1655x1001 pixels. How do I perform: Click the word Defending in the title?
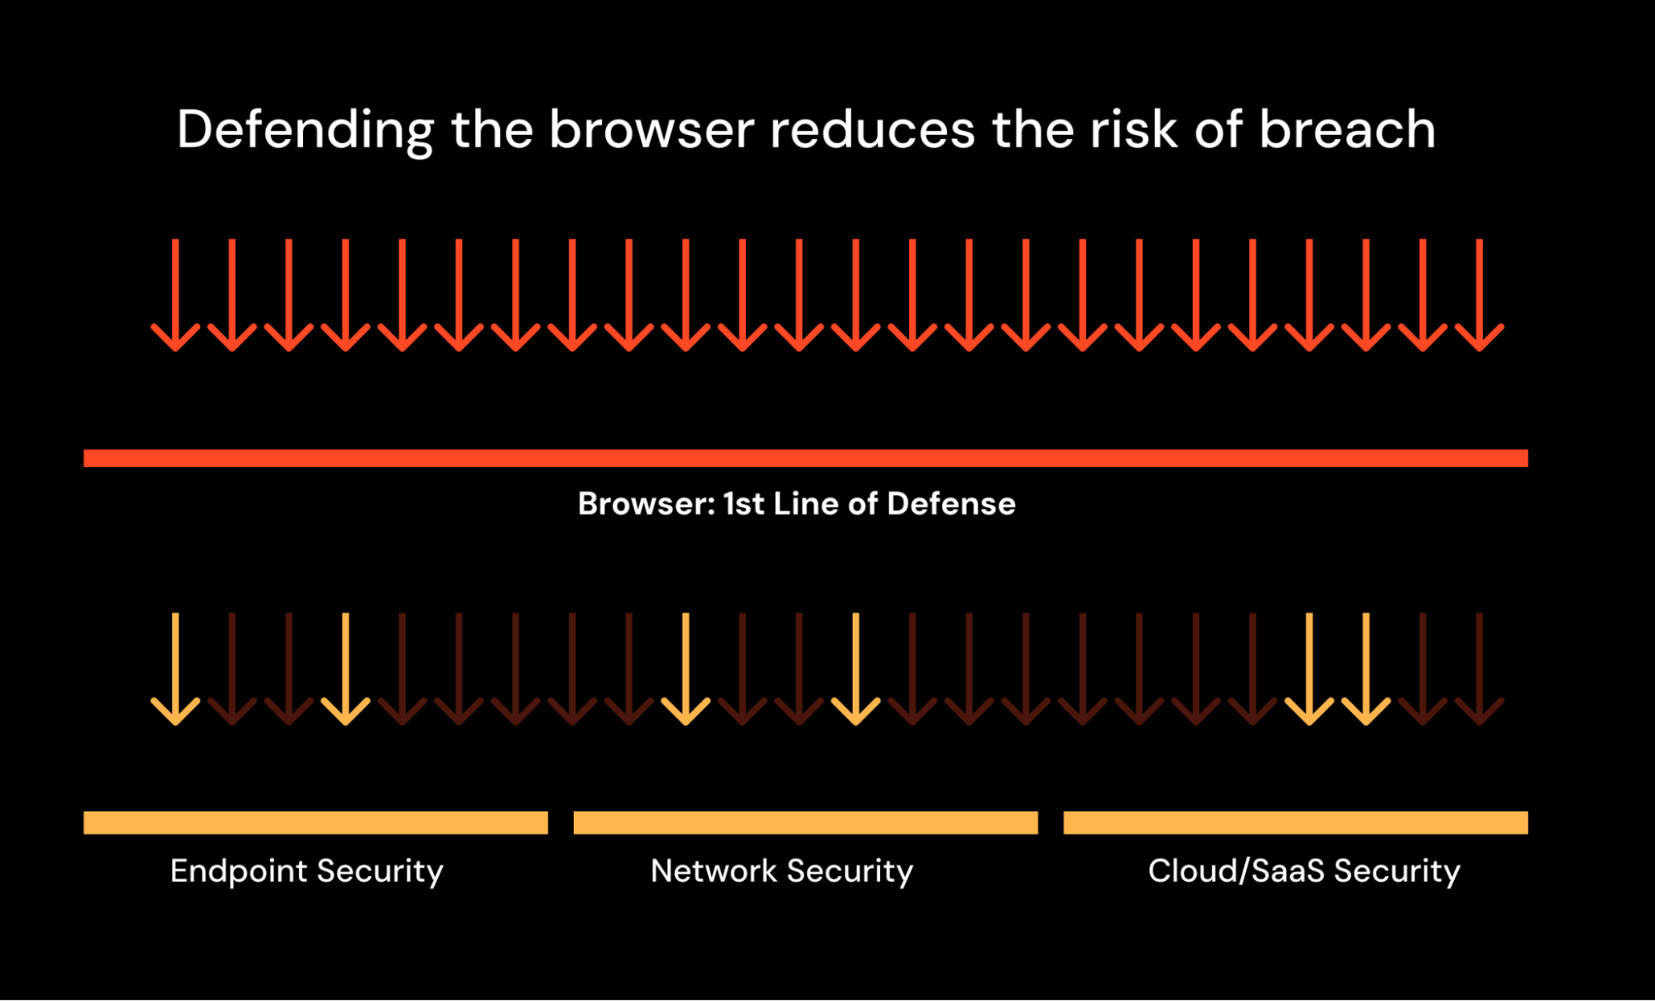pyautogui.click(x=305, y=131)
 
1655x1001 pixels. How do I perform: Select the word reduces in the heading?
pyautogui.click(x=873, y=131)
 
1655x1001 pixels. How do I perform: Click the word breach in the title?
pyautogui.click(x=1347, y=131)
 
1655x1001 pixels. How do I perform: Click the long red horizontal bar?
pyautogui.click(x=806, y=458)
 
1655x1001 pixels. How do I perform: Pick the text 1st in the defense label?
pyautogui.click(x=743, y=503)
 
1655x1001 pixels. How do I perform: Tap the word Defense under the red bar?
pyautogui.click(x=951, y=503)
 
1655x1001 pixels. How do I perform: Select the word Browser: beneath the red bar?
pyautogui.click(x=646, y=503)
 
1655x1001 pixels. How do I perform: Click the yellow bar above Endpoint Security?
pyautogui.click(x=315, y=822)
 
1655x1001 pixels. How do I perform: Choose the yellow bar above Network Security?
pyautogui.click(x=806, y=822)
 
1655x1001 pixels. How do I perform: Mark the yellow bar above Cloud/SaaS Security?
pyautogui.click(x=1296, y=822)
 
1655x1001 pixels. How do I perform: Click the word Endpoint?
pyautogui.click(x=238, y=871)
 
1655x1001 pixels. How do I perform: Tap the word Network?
pyautogui.click(x=714, y=871)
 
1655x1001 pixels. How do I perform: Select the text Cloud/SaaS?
pyautogui.click(x=1236, y=871)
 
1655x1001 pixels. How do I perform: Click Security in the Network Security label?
pyautogui.click(x=849, y=871)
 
